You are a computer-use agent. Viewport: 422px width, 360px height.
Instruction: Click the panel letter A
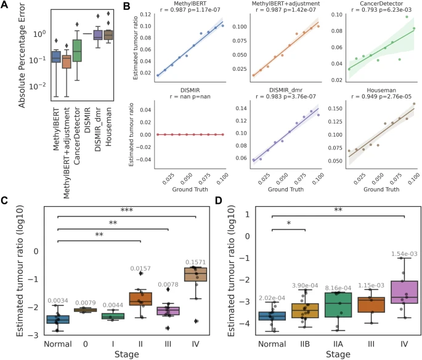point(5,6)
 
